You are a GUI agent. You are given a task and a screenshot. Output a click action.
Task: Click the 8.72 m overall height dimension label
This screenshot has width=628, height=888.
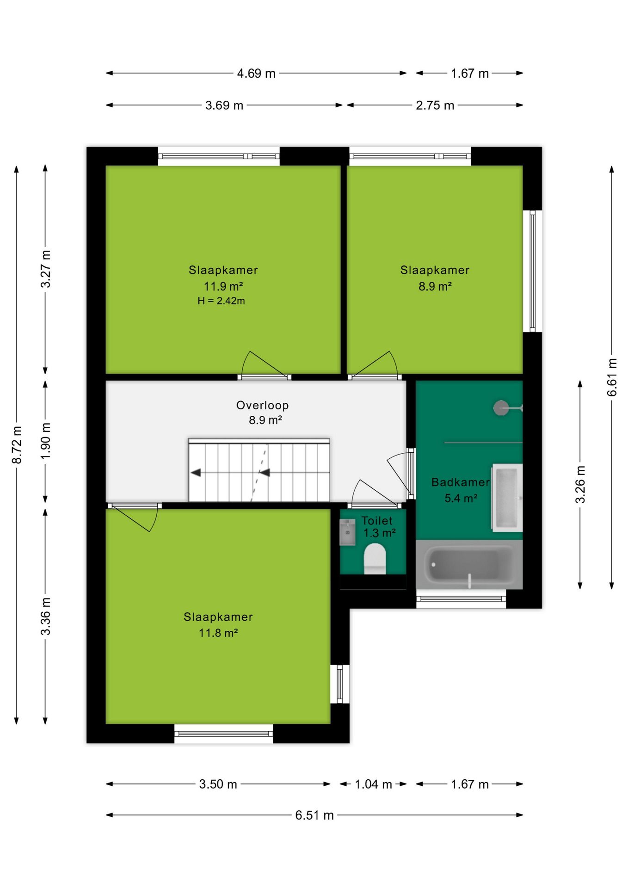pos(17,445)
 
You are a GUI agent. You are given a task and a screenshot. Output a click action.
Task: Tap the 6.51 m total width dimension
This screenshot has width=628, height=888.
pos(314,815)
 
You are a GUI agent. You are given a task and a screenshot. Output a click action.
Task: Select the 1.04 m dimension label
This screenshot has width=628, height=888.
pos(373,784)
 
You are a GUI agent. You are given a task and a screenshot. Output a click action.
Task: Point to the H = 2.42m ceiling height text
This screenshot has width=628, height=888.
pos(221,301)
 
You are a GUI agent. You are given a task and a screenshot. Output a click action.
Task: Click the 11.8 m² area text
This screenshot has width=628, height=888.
pos(218,633)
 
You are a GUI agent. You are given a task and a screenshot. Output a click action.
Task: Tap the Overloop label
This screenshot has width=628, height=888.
pos(262,405)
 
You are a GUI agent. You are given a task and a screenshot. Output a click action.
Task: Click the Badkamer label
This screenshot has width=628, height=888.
pos(460,482)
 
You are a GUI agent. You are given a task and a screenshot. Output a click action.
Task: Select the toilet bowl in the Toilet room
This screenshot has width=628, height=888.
pos(375,559)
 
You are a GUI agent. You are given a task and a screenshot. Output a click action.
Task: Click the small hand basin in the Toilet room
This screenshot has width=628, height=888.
pos(347,532)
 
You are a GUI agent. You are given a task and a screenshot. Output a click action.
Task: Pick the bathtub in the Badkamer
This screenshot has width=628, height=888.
pos(469,565)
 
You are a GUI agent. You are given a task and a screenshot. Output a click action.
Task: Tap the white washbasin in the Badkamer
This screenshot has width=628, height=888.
pos(507,498)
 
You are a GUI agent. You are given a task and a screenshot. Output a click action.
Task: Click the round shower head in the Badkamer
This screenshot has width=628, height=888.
pos(500,407)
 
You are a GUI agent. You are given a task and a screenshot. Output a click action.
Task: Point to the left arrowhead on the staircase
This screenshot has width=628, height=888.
pos(196,473)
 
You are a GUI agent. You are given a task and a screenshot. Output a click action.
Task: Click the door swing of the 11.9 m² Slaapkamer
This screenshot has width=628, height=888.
pos(264,364)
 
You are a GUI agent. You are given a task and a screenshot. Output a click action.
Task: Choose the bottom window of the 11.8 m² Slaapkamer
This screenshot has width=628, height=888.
pos(223,734)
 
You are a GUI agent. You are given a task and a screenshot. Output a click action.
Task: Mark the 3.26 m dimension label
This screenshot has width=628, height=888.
pos(580,484)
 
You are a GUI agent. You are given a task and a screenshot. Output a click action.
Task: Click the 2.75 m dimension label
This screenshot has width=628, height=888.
pos(435,105)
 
